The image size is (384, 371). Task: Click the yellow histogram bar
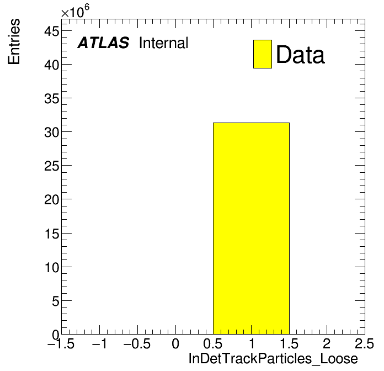coord(251,229)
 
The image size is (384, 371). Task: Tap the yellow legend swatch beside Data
coord(263,54)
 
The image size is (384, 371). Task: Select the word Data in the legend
coord(300,55)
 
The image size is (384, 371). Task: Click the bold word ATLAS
coord(103,43)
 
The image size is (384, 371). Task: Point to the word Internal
coord(164,43)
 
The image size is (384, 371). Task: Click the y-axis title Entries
coord(14,41)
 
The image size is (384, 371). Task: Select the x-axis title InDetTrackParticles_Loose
coord(273,359)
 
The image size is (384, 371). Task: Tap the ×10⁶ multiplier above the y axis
coord(75,11)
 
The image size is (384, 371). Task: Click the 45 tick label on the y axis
coord(52,31)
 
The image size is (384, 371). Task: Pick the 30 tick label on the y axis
coord(52,132)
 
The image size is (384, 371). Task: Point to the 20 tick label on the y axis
coord(52,200)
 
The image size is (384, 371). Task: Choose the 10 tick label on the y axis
coord(52,267)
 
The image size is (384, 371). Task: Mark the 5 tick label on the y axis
coord(56,301)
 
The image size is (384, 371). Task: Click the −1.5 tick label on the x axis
coord(61,343)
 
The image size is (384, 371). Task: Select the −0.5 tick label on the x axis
coord(137,343)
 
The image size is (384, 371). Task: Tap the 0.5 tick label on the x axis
coord(213,343)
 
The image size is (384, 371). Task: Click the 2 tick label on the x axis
coord(327,343)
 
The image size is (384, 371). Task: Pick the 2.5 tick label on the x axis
coord(364,343)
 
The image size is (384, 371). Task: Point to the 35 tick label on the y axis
coord(52,99)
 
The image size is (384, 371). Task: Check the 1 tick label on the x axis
coord(252,343)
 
